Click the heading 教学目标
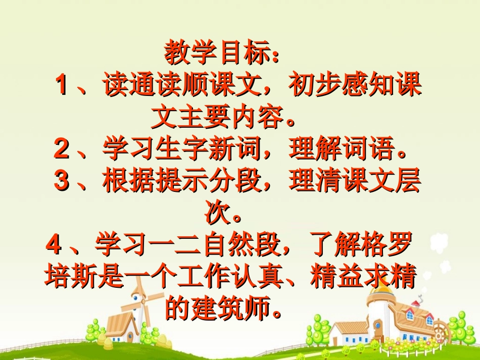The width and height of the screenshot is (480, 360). (221, 53)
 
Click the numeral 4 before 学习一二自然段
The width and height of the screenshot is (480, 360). (53, 246)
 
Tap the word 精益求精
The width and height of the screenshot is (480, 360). (363, 278)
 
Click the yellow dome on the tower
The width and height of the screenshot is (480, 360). (383, 286)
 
